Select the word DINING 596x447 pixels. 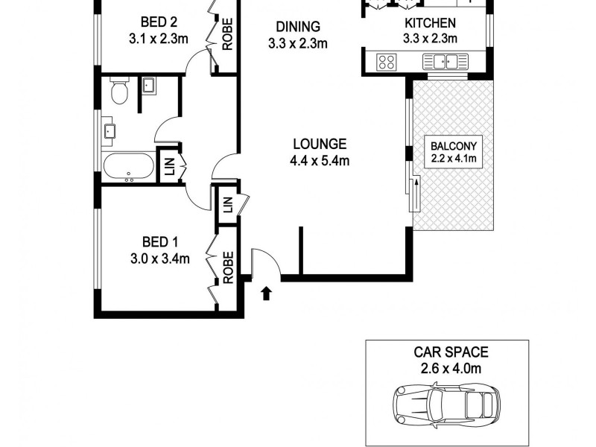tap(298, 27)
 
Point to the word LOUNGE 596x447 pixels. tap(319, 144)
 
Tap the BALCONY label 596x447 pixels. tap(452, 145)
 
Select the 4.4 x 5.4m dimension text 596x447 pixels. tap(319, 161)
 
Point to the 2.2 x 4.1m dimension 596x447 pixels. tap(452, 158)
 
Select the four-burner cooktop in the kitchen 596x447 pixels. tap(387, 61)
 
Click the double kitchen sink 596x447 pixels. tap(446, 60)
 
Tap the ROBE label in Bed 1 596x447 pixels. tap(228, 267)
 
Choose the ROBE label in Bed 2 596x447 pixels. tap(227, 34)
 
